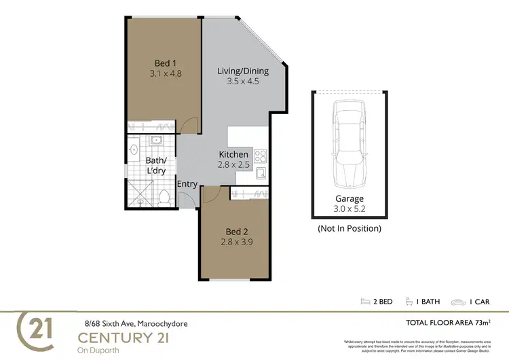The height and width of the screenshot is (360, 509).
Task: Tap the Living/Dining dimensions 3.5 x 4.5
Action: pyautogui.click(x=243, y=83)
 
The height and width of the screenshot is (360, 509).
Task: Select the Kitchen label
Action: pyautogui.click(x=233, y=154)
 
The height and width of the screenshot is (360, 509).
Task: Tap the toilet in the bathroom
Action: pyautogui.click(x=163, y=197)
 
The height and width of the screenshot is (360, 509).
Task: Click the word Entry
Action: pyautogui.click(x=187, y=184)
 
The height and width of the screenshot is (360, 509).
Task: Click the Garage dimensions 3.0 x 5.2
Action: pyautogui.click(x=349, y=210)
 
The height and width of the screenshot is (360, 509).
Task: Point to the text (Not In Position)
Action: pyautogui.click(x=349, y=229)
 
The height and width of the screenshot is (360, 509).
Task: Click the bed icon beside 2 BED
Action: pyautogui.click(x=367, y=302)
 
